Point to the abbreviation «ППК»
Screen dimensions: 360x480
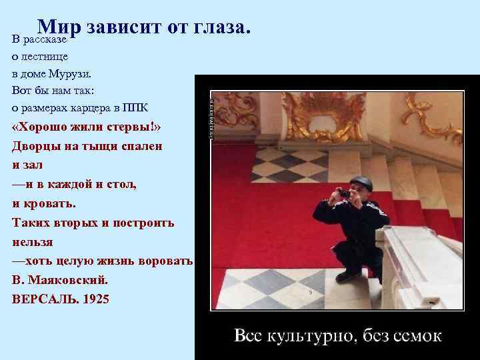[x=142, y=108]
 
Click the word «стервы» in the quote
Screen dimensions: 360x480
[x=134, y=127]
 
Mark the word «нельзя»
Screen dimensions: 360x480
[x=32, y=241]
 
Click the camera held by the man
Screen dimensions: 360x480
[x=343, y=193]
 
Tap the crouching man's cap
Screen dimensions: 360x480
[x=361, y=181]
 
